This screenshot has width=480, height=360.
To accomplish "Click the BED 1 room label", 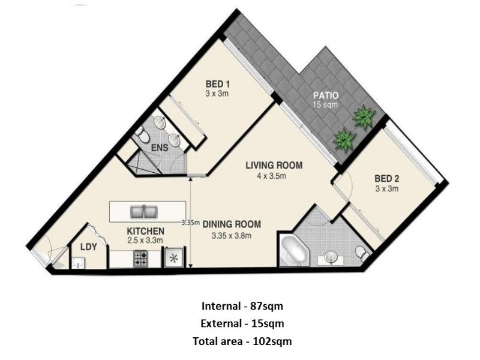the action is point(218,84).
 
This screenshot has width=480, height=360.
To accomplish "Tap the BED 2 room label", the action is point(387,178).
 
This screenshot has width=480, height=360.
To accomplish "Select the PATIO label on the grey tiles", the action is point(326,95).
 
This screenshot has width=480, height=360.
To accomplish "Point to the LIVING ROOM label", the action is point(274,166).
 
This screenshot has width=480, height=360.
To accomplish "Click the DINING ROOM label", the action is point(232,224).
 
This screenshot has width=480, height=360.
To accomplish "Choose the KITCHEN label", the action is point(145,231).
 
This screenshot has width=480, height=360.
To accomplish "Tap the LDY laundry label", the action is point(89,247).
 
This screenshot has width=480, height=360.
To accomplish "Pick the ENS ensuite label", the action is point(160,148).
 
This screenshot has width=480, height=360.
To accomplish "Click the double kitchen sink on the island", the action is point(144,212).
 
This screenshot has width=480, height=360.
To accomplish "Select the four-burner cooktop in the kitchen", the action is point(140,258).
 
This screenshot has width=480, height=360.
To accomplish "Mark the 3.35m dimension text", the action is point(190,223).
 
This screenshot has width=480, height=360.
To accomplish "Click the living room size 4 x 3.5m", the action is point(272,176).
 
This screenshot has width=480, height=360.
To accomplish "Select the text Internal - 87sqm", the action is point(242,306).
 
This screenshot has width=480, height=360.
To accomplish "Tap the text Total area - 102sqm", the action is point(242,341).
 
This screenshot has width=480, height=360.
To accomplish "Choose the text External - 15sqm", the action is point(242,323).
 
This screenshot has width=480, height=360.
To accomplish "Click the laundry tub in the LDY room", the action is point(79,263).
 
